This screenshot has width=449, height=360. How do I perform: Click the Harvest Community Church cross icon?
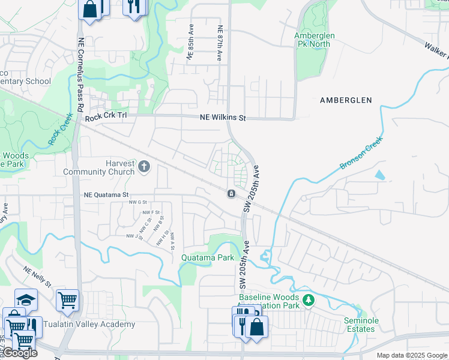point(143,166)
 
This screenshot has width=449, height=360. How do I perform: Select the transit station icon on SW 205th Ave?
point(231,194)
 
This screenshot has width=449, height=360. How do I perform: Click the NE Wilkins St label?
point(223,118)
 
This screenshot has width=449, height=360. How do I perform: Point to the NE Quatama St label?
point(107,194)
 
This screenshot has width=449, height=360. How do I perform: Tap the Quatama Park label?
point(207,257)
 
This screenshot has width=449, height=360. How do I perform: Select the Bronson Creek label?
point(361,152)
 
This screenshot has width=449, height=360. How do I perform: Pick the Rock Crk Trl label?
point(106,118)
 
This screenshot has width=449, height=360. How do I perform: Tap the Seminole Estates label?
point(361,325)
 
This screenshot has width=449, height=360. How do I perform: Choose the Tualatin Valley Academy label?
point(97,325)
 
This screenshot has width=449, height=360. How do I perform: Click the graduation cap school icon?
point(26,299)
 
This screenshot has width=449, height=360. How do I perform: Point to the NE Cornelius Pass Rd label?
point(79,74)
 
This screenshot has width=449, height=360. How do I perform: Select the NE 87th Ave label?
point(220,43)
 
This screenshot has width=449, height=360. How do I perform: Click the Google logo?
point(20,353)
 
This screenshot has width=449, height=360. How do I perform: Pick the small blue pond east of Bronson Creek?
point(379,175)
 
